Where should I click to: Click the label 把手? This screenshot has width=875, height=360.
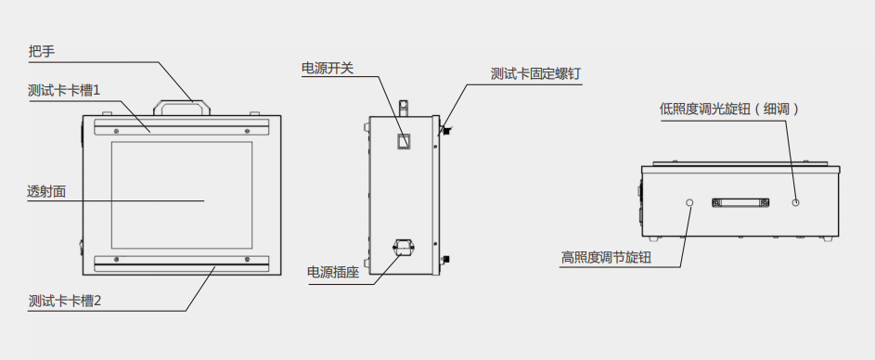[43, 52]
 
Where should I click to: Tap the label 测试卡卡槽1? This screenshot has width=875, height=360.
[63, 90]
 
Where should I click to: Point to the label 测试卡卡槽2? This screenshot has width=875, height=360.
[64, 302]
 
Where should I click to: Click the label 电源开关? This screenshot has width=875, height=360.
[328, 69]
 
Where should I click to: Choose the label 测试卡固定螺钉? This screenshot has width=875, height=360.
[536, 74]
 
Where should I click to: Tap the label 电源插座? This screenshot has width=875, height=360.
[333, 273]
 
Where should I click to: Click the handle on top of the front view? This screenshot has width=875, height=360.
[181, 106]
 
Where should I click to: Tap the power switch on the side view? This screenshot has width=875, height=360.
[404, 142]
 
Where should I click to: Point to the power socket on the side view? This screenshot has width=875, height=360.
[403, 247]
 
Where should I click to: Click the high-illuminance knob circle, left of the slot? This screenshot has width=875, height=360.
[689, 201]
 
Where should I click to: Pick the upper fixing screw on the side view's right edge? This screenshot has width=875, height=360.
[445, 129]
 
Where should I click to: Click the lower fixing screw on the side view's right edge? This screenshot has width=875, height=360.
[445, 258]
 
